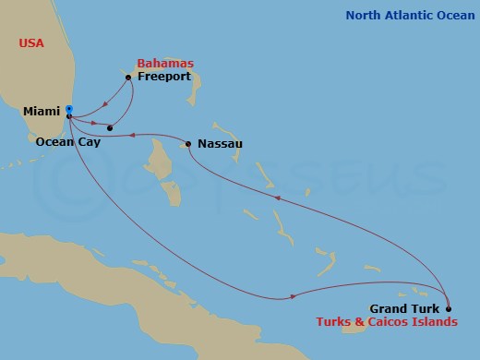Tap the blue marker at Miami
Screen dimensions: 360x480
click(x=69, y=109)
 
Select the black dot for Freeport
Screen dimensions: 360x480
click(x=127, y=78)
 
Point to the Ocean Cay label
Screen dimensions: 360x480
click(x=68, y=142)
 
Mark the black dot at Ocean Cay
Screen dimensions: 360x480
click(x=110, y=127)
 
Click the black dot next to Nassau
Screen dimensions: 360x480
click(x=188, y=143)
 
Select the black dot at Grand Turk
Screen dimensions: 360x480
click(x=449, y=308)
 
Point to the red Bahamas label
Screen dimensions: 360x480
click(x=165, y=63)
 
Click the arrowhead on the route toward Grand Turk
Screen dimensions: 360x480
click(x=294, y=296)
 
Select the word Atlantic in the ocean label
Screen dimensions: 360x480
click(x=408, y=16)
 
